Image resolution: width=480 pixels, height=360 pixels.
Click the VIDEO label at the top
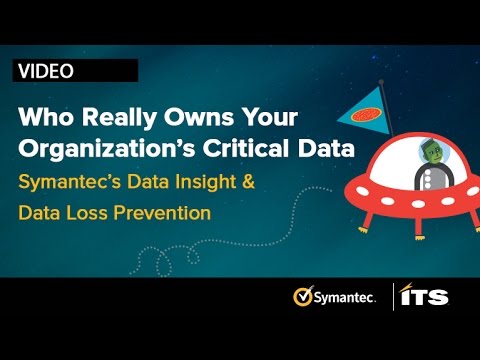point(45,70)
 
